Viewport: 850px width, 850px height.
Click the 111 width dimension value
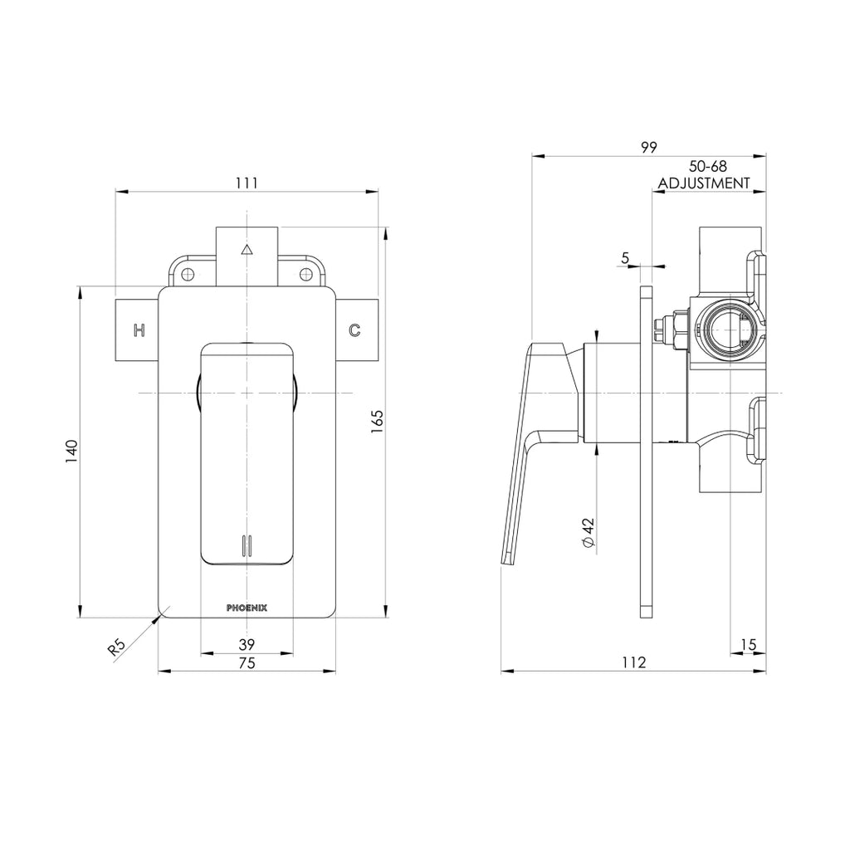247,183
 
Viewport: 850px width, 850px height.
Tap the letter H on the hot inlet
140,330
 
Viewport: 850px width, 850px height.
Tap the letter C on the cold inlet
354,330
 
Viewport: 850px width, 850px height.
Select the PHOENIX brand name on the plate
247,608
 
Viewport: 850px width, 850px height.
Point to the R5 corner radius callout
118,647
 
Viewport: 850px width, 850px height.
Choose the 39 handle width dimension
247,643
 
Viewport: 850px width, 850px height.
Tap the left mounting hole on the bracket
188,275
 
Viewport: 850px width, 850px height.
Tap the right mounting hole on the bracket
305,275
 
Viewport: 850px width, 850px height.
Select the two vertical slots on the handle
246,545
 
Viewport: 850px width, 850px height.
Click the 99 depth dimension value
649,147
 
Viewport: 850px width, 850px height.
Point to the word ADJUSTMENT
704,183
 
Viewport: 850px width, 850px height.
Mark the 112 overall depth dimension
633,662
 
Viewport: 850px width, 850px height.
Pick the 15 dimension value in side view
748,643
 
